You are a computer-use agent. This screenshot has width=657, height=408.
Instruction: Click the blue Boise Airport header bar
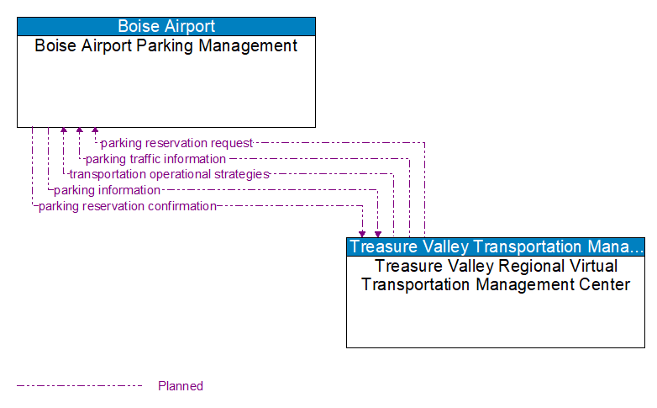point(166,26)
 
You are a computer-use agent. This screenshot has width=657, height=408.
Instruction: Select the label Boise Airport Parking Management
point(166,46)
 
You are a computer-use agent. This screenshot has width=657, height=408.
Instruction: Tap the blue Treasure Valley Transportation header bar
point(496,246)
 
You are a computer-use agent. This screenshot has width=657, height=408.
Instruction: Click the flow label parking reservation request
point(176,143)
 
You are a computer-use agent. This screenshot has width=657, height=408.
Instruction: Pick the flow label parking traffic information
point(155,159)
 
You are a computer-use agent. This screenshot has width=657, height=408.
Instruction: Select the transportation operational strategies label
point(169,174)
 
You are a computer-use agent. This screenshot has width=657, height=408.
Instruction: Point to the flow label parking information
point(107,190)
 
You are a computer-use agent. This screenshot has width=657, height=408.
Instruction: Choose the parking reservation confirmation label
point(128,206)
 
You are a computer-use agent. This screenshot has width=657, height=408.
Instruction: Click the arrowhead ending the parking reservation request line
point(95,131)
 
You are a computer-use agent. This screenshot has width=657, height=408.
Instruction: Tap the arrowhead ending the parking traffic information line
point(79,131)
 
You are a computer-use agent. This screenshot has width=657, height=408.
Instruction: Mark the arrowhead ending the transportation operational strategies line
point(63,131)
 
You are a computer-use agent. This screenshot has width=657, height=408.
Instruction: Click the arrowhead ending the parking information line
point(378,233)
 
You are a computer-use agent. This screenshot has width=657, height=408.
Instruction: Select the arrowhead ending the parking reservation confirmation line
point(362,233)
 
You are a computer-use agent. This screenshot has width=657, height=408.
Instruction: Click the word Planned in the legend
point(181,386)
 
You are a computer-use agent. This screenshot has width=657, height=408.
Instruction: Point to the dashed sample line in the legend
point(80,386)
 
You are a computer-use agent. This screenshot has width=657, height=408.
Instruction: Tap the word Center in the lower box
point(602,284)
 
